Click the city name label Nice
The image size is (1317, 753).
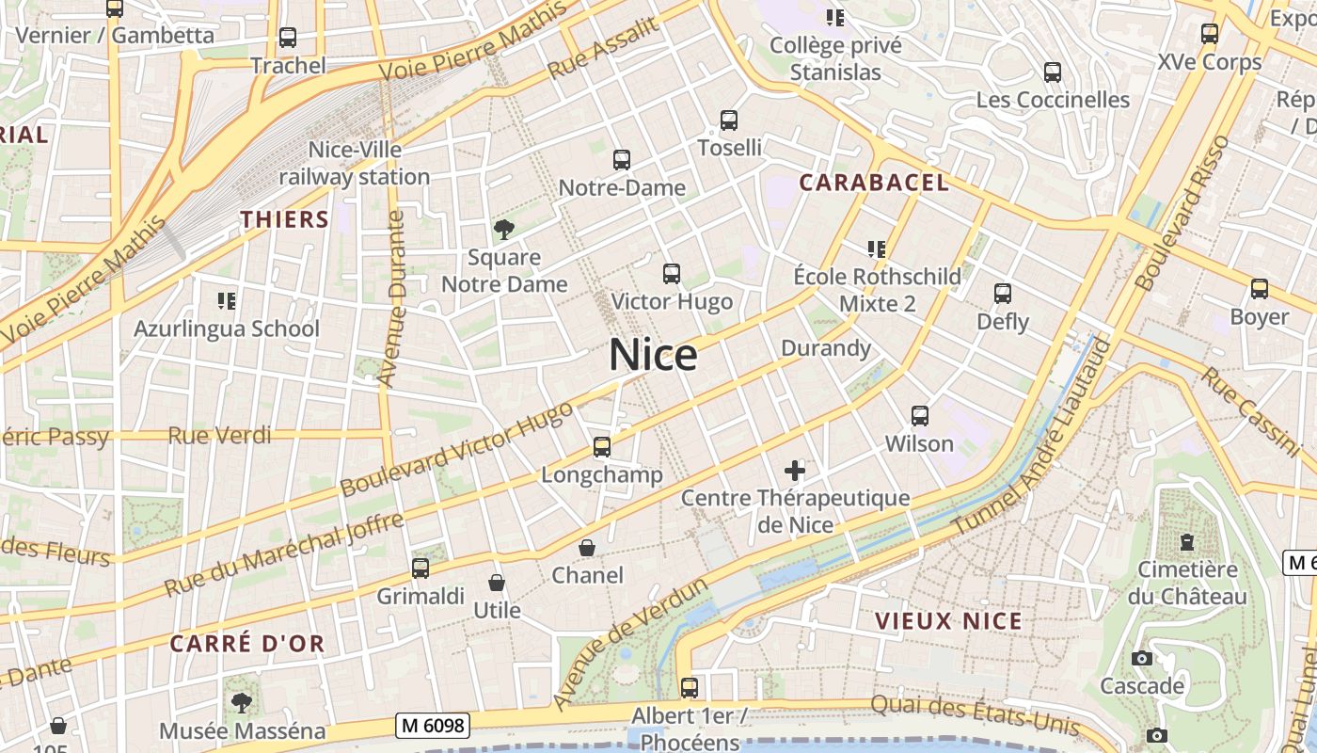coord(653,355)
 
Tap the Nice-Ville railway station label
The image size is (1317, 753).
coord(355,163)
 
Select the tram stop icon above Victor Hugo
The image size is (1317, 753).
coord(671,274)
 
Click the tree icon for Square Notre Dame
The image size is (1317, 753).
coord(504,229)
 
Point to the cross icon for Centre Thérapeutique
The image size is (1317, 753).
coord(795,470)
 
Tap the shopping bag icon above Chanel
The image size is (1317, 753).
coord(587,547)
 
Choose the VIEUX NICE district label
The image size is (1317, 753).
coord(948,621)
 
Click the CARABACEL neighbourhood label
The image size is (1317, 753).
coord(874,183)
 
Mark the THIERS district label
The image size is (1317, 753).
coord(284,220)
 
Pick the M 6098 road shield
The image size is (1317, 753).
coord(434,725)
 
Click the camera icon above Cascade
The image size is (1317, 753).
coord(1142,658)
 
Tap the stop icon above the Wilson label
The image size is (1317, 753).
coord(919,415)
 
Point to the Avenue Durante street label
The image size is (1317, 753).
coord(392,298)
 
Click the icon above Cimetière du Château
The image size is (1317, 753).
coord(1187,542)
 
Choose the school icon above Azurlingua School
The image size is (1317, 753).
coord(226,301)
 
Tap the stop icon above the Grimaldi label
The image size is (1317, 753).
coord(420,569)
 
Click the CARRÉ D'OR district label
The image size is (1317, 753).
coord(247,644)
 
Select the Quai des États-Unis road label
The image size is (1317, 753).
coord(975,714)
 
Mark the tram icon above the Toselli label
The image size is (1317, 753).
coord(729,120)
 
